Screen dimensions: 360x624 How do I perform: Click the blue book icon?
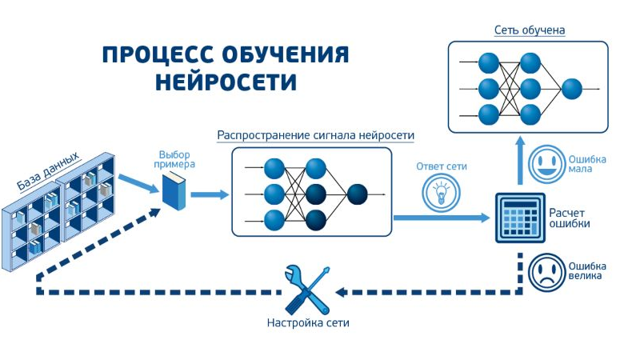tap(174, 193)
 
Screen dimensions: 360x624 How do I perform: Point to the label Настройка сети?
tap(308, 324)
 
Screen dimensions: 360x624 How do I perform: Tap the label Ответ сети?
tap(441, 167)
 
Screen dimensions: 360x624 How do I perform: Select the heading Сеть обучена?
tap(529, 30)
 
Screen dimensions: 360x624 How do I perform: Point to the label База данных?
tap(48, 173)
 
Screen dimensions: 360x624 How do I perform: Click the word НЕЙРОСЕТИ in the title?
tap(226, 82)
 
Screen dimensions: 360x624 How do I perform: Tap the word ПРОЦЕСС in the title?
tap(154, 55)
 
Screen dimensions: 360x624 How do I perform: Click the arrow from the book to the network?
tap(210, 194)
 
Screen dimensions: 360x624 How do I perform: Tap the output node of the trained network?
tap(571, 88)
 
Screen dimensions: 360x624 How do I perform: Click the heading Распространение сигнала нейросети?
tap(316, 134)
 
